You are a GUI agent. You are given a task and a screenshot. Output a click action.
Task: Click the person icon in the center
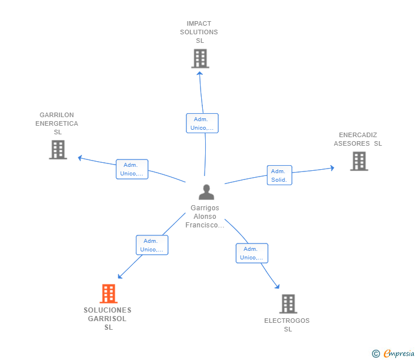click(x=206, y=192)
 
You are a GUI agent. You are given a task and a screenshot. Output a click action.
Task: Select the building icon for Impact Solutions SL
click(x=200, y=58)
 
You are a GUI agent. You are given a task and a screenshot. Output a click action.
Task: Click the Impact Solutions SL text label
click(x=199, y=33)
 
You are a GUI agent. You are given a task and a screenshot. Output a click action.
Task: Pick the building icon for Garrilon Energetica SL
click(x=58, y=150)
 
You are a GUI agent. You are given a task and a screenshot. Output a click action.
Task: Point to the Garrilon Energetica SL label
click(x=57, y=123)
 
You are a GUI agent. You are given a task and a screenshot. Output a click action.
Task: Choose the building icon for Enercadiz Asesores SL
click(x=359, y=161)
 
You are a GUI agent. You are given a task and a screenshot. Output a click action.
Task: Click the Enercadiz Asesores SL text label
click(x=358, y=139)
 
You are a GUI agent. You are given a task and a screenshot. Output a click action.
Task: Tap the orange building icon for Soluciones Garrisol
click(x=109, y=294)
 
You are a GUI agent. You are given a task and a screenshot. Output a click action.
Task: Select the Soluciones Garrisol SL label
click(x=107, y=319)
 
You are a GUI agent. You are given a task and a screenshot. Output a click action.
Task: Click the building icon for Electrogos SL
click(x=288, y=304)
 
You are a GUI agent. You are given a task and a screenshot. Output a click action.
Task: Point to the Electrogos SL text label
click(x=287, y=325)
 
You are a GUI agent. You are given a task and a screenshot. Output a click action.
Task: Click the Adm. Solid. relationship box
click(x=279, y=175)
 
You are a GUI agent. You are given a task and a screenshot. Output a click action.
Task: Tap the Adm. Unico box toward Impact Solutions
click(x=202, y=123)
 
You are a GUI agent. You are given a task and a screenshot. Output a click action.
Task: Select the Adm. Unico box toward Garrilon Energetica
click(x=132, y=169)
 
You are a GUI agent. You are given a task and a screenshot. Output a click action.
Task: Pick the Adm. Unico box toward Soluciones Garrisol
click(x=152, y=245)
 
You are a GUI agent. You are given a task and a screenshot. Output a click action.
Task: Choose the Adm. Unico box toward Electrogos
click(x=252, y=253)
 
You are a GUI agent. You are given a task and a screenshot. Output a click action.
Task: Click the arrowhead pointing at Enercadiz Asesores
click(x=331, y=168)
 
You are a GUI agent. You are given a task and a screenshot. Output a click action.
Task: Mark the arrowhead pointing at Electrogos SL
click(x=277, y=286)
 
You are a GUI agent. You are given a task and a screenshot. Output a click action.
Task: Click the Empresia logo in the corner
click(x=393, y=353)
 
